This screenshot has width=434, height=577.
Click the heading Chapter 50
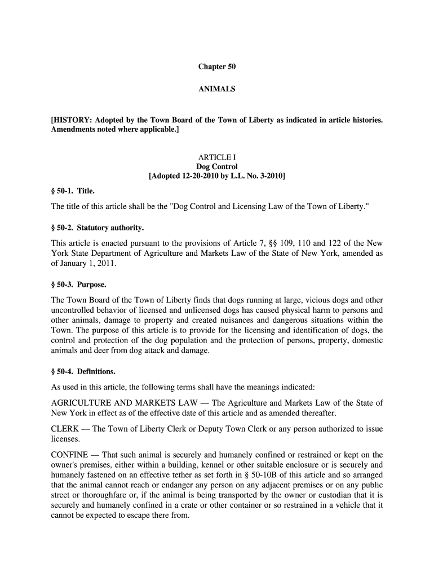coord(216,66)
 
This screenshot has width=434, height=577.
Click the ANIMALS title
coord(216,89)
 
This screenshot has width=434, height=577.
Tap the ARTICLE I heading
coord(216,157)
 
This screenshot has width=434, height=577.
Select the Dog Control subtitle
coord(216,167)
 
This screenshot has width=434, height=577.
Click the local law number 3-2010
coord(268,176)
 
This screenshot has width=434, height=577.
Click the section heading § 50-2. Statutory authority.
coord(98,228)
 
